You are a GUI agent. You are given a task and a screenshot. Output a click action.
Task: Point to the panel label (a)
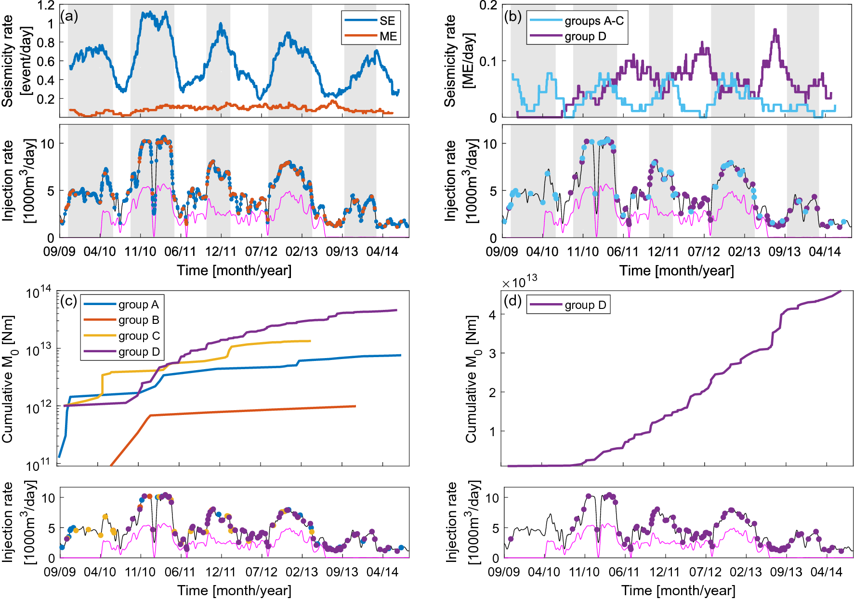[69, 16]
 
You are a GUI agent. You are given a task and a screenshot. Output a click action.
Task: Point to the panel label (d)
[512, 301]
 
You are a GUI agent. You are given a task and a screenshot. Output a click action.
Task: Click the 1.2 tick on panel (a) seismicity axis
[46, 6]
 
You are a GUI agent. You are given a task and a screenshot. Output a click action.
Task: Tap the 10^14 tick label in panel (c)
[39, 292]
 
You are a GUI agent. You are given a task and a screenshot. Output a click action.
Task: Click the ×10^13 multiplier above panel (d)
[520, 281]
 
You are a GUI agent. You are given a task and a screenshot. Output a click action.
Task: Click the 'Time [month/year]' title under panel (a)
[234, 270]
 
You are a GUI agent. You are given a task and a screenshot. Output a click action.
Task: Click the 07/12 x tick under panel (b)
[703, 252]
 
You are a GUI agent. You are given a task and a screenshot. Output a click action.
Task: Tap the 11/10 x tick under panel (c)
[140, 572]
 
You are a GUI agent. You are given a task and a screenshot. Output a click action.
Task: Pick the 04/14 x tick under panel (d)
[827, 572]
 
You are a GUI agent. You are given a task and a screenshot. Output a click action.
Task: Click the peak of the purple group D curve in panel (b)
[775, 30]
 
